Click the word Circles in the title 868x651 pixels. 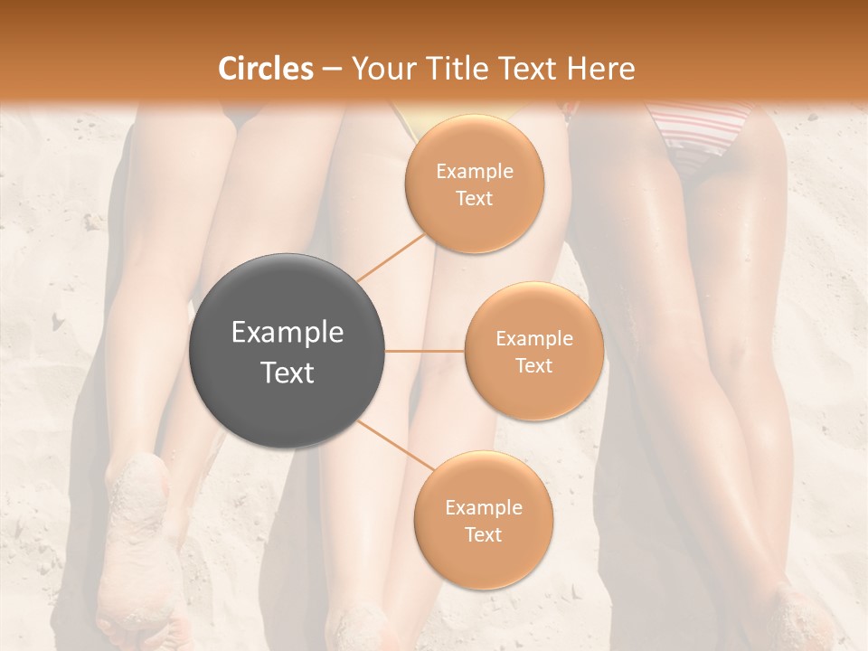point(265,69)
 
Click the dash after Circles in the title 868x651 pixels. point(332,70)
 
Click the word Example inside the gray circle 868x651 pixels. point(288,333)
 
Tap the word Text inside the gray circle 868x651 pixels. point(288,373)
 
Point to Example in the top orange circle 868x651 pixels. point(475,172)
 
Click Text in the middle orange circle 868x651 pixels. point(533,365)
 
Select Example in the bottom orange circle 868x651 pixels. point(483,508)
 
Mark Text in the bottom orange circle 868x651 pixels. point(483,535)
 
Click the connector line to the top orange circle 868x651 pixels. point(391,256)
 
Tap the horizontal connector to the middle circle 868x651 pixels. point(425,351)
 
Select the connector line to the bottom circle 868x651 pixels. point(395,446)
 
